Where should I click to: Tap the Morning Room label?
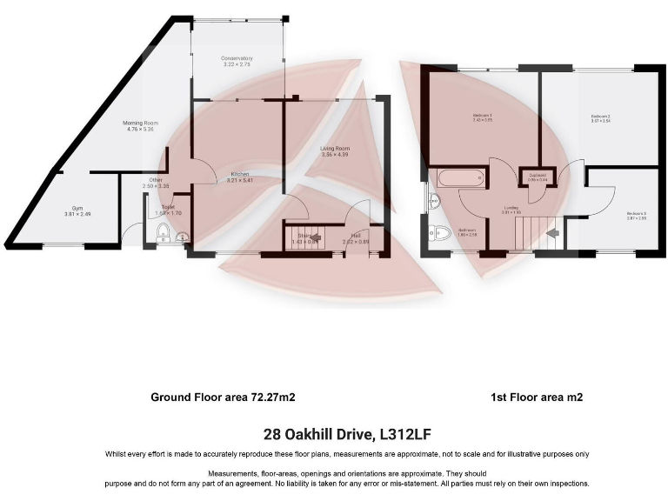[x=138, y=124]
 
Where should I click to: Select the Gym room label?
[x=77, y=209]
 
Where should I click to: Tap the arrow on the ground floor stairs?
[x=317, y=237]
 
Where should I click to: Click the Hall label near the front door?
[x=357, y=234]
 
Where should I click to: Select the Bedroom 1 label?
[x=483, y=116]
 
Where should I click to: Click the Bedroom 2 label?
[x=600, y=116]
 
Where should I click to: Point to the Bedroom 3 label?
[x=637, y=213]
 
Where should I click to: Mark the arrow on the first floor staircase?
[x=551, y=232]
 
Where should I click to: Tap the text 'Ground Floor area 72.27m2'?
[x=224, y=397]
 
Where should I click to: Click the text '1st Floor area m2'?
[x=537, y=397]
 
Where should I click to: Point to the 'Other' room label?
[x=156, y=180]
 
